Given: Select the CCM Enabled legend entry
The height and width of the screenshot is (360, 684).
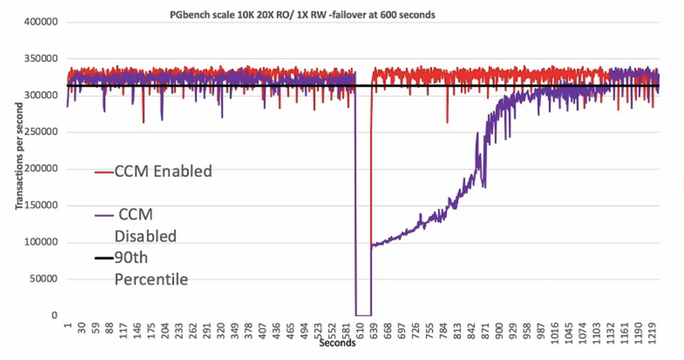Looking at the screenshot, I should (153, 172).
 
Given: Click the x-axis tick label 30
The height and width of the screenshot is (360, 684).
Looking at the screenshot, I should (82, 329).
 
